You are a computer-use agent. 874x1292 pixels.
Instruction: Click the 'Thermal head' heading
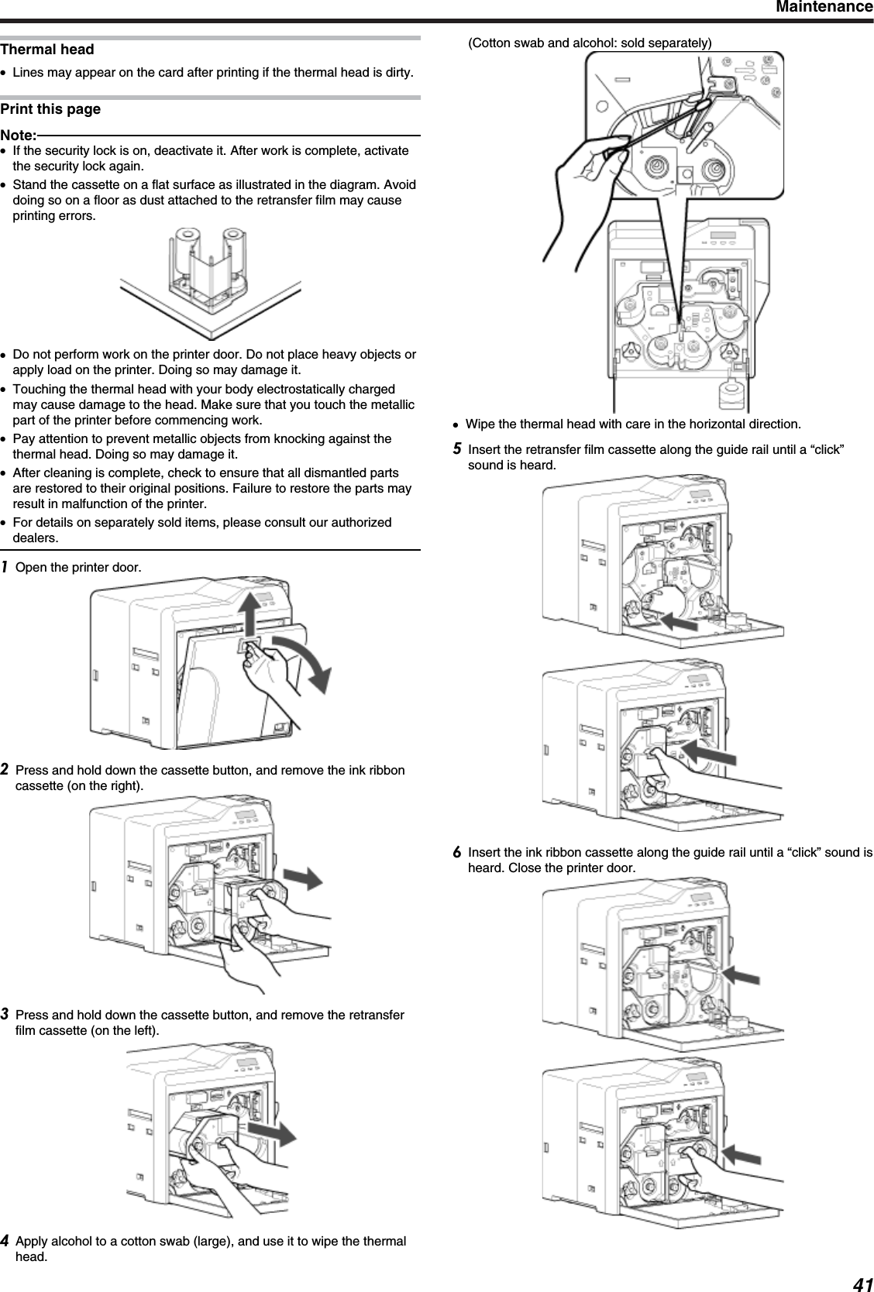47,50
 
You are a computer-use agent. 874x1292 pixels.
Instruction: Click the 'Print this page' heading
50,109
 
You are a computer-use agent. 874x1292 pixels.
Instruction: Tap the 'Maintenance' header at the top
822,8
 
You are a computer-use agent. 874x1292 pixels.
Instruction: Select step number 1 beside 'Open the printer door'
5,567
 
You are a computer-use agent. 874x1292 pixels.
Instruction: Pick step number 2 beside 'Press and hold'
5,770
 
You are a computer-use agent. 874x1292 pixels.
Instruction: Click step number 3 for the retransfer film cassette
5,1015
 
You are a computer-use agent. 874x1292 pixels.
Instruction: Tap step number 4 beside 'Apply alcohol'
5,1242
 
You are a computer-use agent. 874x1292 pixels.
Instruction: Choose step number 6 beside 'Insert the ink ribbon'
458,852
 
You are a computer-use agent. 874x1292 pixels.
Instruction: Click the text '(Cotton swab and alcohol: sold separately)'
590,43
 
